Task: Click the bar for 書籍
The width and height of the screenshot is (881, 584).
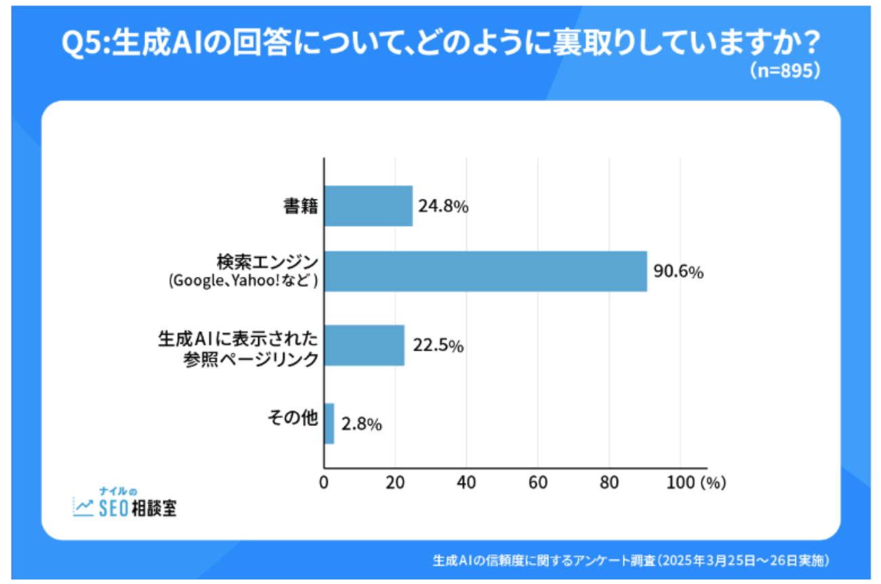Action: point(368,206)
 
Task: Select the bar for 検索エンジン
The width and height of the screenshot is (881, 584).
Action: point(485,271)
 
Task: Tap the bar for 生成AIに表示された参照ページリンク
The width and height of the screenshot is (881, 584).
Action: point(364,345)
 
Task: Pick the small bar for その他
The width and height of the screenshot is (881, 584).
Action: point(329,424)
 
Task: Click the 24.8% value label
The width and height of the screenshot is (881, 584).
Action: point(443,207)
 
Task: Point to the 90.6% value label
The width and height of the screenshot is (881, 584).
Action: point(678,271)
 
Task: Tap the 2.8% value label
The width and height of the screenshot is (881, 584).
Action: point(362,425)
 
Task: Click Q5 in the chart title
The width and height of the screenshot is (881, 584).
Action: point(81,44)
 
